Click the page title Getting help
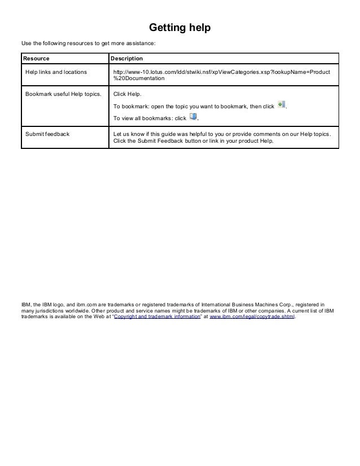[179, 28]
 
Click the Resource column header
[36, 59]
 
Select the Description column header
[126, 59]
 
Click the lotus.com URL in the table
[222, 72]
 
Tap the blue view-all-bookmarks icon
[193, 117]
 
